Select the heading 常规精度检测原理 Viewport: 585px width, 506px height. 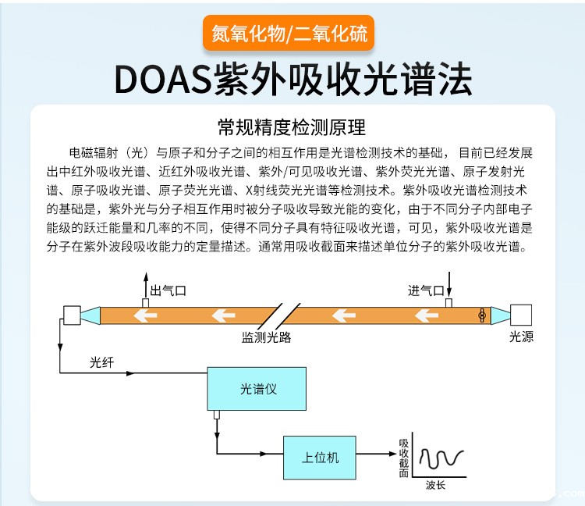click(292, 127)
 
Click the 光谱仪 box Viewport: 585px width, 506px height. click(257, 388)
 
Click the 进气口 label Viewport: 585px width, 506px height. click(425, 290)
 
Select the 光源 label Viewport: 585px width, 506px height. click(521, 337)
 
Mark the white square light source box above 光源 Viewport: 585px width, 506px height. click(521, 315)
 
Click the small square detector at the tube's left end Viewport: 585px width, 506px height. click(70, 315)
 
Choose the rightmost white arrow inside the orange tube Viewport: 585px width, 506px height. click(425, 315)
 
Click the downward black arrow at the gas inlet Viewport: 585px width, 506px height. click(448, 280)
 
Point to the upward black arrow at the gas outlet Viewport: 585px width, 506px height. click(144, 281)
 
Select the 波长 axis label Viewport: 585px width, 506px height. click(436, 485)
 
